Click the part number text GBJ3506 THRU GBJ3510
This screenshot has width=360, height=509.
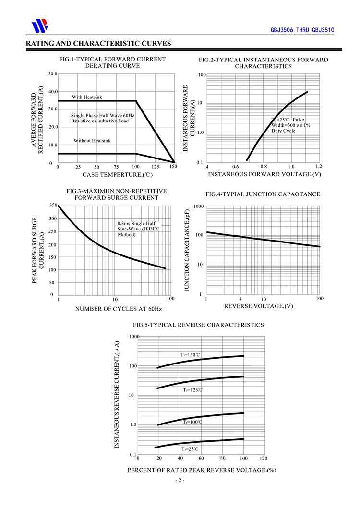[x=302, y=30]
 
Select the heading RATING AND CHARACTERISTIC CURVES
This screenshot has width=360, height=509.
[x=98, y=43]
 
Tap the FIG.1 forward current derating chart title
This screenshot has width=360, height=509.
[x=112, y=62]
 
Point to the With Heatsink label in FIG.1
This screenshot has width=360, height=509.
[x=87, y=97]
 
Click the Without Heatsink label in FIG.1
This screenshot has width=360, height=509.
[x=92, y=141]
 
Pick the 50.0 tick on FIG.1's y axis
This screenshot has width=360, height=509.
[x=53, y=74]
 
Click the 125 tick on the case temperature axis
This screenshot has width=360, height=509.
[x=155, y=167]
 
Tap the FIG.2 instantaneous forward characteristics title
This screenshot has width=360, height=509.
[x=264, y=63]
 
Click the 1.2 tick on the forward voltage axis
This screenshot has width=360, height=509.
[x=318, y=166]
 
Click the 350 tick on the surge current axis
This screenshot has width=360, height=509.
[x=52, y=206]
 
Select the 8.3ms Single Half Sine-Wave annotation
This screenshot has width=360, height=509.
[x=138, y=229]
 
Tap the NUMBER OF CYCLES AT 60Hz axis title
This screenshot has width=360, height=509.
[x=119, y=309]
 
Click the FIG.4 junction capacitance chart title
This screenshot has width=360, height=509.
[x=263, y=194]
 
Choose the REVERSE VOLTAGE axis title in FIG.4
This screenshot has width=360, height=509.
[x=259, y=306]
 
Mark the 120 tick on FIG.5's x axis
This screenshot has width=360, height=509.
[x=263, y=458]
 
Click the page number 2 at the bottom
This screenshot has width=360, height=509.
[x=180, y=481]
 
